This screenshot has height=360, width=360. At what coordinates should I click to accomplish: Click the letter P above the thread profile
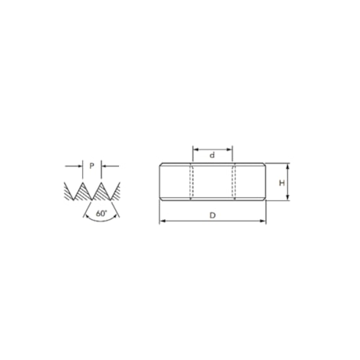[92, 166]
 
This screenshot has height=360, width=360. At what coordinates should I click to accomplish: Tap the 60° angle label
[101, 212]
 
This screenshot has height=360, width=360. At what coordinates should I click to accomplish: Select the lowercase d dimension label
[212, 156]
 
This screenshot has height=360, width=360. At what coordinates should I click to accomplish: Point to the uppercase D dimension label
[212, 214]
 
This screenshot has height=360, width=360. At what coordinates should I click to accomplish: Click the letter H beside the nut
[281, 182]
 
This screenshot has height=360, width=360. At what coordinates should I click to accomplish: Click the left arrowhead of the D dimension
[162, 221]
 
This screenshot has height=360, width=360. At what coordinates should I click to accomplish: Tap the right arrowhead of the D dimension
[263, 221]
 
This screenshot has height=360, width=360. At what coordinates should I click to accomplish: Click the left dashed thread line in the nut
[191, 182]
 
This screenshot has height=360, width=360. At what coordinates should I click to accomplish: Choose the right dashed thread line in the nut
[234, 182]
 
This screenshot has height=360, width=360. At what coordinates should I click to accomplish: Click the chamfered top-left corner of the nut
[161, 164]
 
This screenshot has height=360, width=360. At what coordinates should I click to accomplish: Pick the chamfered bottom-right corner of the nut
[265, 200]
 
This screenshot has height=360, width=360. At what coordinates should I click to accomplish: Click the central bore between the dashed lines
[212, 182]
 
